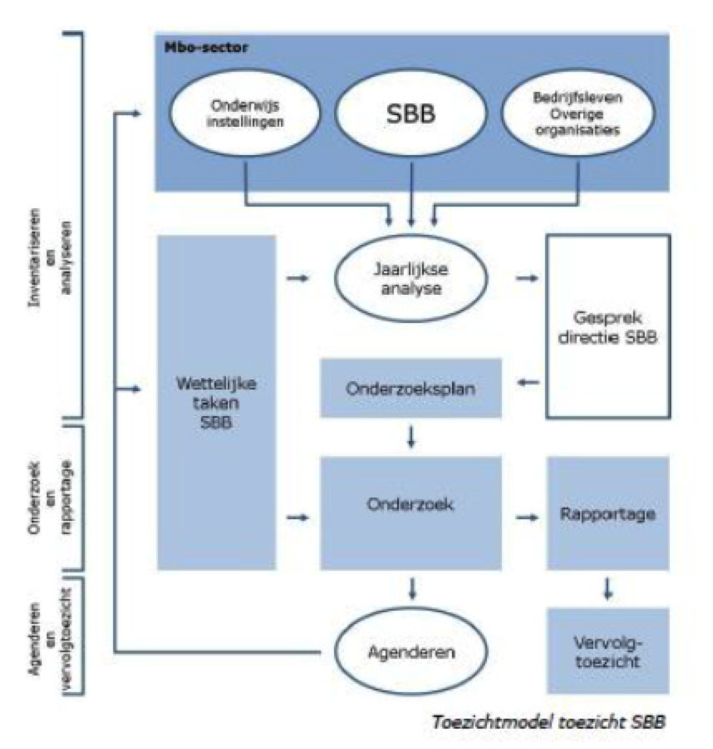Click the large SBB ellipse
[411, 114]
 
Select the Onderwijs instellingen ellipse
[245, 113]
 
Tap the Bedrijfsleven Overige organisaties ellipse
[577, 114]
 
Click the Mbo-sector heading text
[205, 48]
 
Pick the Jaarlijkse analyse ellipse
[411, 278]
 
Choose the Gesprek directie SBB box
[608, 327]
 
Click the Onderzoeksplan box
[411, 388]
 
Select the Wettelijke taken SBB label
[217, 403]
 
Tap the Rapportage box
[608, 513]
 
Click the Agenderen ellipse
[411, 652]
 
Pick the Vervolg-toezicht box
[608, 651]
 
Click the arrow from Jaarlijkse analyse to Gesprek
[527, 278]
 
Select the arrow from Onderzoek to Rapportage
[527, 518]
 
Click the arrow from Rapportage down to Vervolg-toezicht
[607, 589]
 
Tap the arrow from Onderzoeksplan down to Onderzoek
[411, 436]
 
